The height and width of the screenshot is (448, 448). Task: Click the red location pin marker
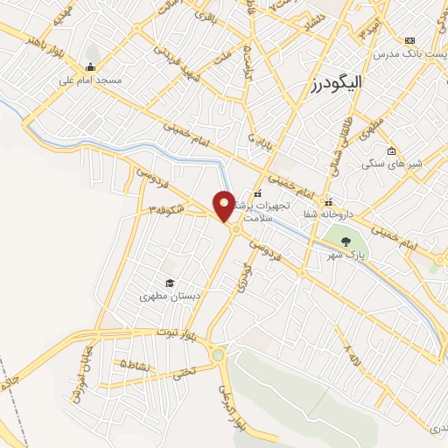(x=225, y=206)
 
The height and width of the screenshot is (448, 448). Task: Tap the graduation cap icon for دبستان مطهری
(x=169, y=283)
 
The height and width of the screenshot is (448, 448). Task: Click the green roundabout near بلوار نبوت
(x=218, y=355)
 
